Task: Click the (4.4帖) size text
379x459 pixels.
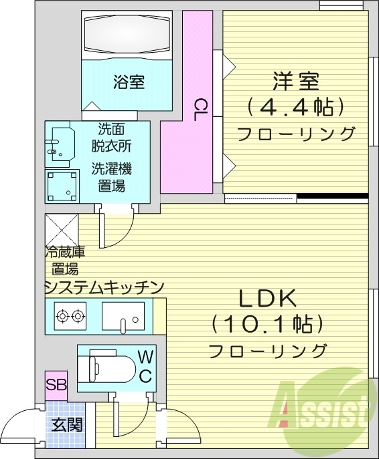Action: [295, 106]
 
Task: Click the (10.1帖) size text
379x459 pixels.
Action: [268, 324]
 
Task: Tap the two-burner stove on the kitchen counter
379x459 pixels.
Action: [70, 315]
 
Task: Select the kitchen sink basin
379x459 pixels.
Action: [124, 316]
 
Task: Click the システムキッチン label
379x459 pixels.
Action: [104, 287]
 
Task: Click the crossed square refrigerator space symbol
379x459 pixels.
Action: [62, 231]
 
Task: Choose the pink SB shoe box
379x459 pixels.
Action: [55, 385]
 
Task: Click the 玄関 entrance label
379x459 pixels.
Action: [67, 424]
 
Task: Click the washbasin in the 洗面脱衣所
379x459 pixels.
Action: [62, 142]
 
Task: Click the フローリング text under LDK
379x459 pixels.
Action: [268, 350]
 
